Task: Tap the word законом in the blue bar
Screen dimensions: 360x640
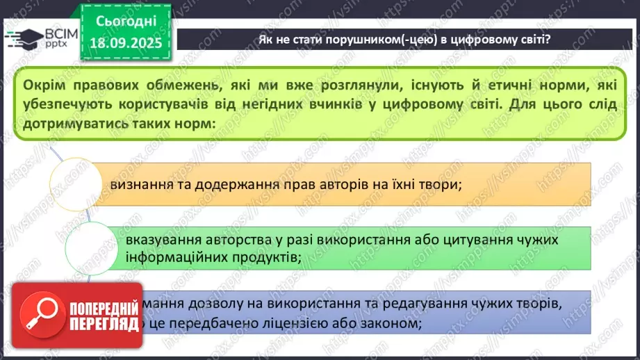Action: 388,323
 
